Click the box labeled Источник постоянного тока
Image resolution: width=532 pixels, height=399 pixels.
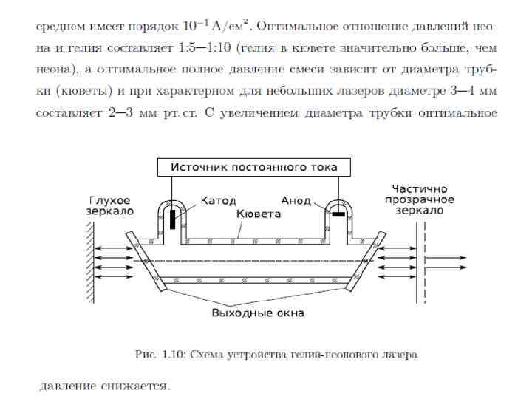pos(254,168)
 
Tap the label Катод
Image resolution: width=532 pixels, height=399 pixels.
pos(217,201)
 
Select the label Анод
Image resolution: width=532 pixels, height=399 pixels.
pos(296,201)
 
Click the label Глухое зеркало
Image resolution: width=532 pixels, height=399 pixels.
pos(110,205)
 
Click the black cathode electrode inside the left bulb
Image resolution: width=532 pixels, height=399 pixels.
pos(173,219)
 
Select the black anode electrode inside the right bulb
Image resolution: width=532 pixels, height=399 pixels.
pos(340,214)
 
